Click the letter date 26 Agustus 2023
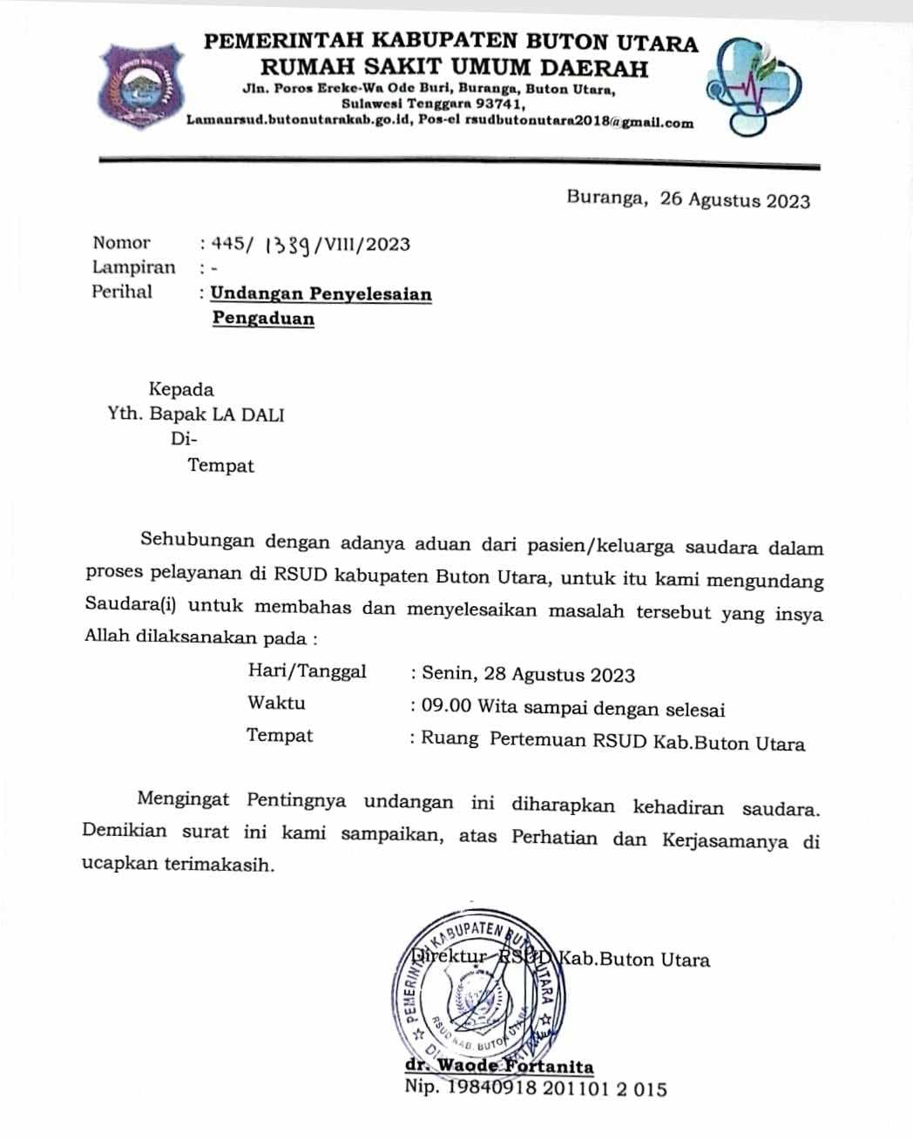(735, 200)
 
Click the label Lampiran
(134, 267)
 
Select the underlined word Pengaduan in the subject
(263, 319)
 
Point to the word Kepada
(180, 389)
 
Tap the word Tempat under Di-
(221, 466)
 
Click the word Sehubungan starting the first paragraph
(197, 542)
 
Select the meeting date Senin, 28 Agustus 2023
(528, 674)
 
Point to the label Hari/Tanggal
(307, 671)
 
